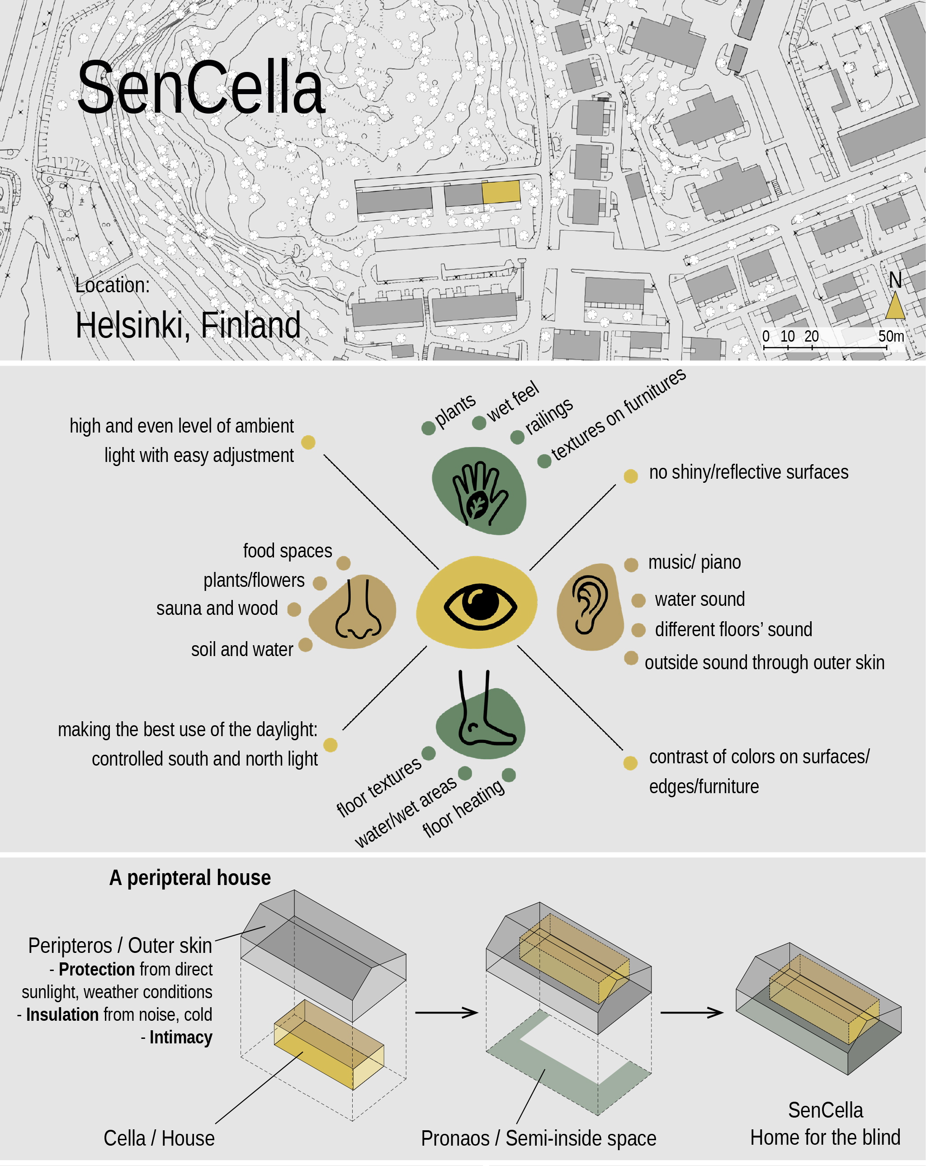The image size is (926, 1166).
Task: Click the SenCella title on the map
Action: coord(201,88)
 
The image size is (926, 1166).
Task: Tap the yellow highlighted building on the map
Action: coord(501,192)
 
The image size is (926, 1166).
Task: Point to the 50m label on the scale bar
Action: coord(891,336)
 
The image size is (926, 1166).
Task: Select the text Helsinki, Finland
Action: coord(188,326)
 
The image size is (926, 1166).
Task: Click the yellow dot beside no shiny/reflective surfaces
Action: coord(631,476)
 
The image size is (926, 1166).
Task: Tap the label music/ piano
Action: coord(694,563)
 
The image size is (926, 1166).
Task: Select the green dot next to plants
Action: coord(429,428)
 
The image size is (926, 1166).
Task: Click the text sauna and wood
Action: coord(217,609)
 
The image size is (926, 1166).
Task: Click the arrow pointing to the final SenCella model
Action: coord(692,1013)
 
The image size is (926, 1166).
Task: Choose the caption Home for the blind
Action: coord(826,1137)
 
